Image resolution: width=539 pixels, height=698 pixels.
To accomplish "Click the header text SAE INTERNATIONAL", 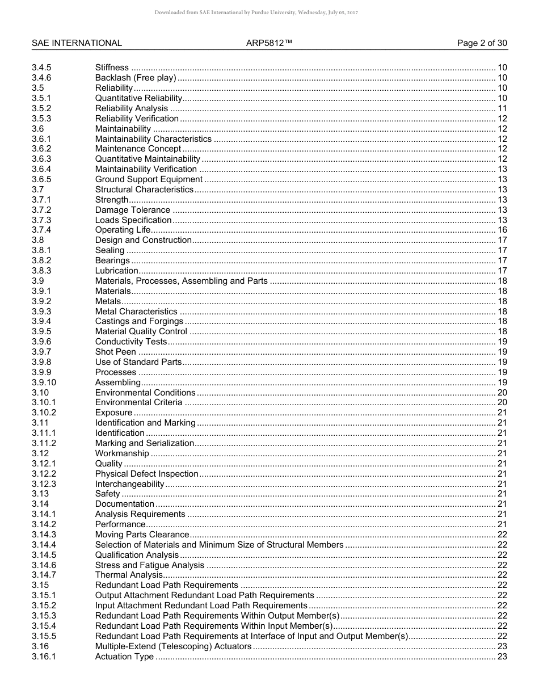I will click(x=77, y=43).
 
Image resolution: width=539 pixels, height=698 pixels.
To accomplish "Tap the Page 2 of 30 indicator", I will click(x=482, y=43).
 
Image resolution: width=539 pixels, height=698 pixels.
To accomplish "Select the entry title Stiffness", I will click(x=112, y=68).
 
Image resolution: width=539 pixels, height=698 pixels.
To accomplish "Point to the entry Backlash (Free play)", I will click(x=136, y=78).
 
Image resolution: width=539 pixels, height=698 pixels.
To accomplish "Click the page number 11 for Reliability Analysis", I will click(x=502, y=108).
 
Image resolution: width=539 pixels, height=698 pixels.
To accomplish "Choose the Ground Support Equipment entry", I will click(x=149, y=179).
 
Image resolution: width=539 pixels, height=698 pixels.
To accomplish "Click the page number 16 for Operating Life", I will click(x=502, y=230).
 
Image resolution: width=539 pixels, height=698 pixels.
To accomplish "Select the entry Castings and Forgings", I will click(x=139, y=321).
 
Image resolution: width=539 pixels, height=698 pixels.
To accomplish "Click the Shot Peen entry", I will click(x=116, y=352).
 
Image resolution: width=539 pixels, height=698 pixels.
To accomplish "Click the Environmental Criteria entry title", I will click(x=138, y=402).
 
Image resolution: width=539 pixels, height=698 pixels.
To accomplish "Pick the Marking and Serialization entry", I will click(x=144, y=443).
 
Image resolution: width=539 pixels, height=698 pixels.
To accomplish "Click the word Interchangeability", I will click(x=129, y=484).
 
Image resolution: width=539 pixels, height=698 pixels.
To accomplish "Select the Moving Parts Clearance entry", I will click(x=142, y=535).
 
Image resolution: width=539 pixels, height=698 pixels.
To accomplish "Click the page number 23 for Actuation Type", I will click(x=502, y=657).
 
